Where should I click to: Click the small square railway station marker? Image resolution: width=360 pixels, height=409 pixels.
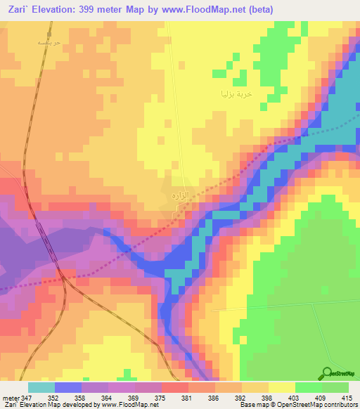coord(49,32)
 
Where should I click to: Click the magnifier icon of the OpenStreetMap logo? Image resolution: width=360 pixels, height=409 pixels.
coord(328,373)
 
